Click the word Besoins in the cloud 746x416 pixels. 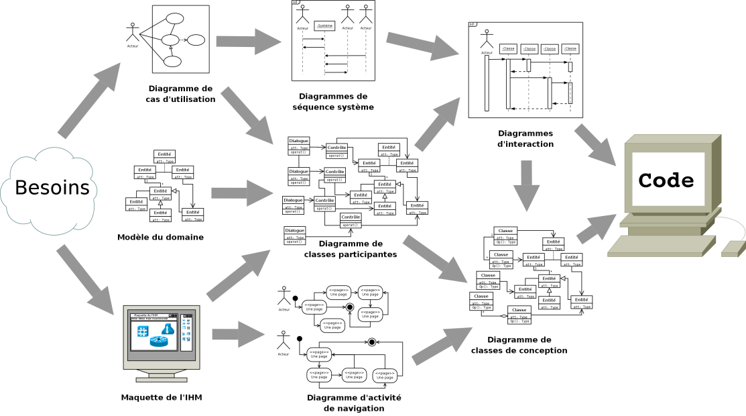tap(52, 188)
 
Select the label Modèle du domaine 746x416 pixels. tap(160, 237)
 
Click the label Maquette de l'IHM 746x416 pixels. tap(162, 397)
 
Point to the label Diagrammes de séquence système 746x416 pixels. tap(333, 101)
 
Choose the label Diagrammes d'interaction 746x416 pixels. tap(525, 138)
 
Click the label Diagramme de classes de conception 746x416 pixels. tap(519, 345)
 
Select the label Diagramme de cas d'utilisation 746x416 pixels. tap(180, 94)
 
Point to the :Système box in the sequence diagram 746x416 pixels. tap(324, 25)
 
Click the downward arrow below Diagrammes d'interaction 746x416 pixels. tap(527, 184)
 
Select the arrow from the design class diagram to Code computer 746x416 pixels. tap(595, 228)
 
